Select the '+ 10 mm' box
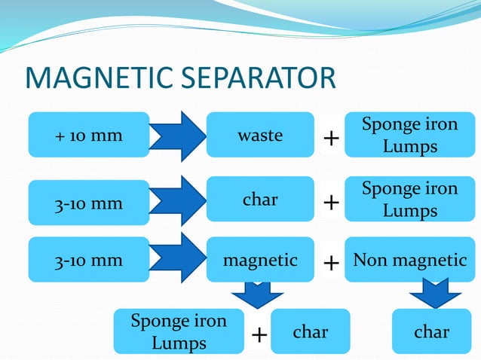[x=89, y=136]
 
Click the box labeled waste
[x=260, y=136]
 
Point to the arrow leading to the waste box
[x=177, y=136]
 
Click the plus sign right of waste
[x=330, y=139]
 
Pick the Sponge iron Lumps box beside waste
[x=409, y=135]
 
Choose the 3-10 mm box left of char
[x=89, y=203]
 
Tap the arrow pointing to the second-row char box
[x=177, y=200]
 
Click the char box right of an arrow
[x=260, y=200]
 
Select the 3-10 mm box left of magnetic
[x=89, y=261]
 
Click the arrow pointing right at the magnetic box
[x=177, y=258]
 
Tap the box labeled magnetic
[x=260, y=261]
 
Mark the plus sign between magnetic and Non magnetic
[x=330, y=263]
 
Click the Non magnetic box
[x=409, y=261]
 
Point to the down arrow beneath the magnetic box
[x=258, y=294]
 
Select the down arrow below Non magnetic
[x=434, y=294]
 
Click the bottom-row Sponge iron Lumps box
[x=179, y=332]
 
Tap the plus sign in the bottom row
[x=259, y=335]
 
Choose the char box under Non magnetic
[x=431, y=332]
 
